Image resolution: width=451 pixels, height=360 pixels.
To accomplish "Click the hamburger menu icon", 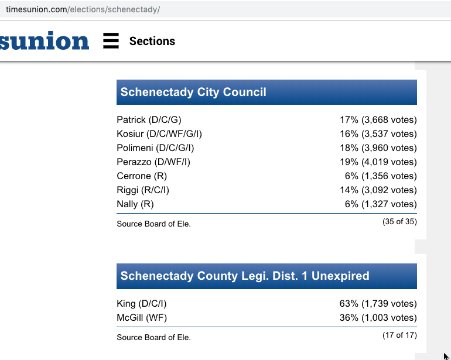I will click(x=111, y=41).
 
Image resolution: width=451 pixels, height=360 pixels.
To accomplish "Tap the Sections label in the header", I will click(x=152, y=41).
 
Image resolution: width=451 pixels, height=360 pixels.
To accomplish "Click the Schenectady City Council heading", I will click(x=193, y=92).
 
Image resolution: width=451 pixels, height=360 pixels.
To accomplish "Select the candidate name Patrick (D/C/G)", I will click(x=149, y=120).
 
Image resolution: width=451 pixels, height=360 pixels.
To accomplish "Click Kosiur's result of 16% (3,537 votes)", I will click(x=378, y=134).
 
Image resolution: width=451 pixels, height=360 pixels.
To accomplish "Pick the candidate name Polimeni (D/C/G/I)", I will click(x=155, y=148).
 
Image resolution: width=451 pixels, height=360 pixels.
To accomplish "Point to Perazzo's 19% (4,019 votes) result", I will click(x=378, y=162).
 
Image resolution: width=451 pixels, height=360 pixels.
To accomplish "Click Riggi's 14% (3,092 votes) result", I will click(x=378, y=190).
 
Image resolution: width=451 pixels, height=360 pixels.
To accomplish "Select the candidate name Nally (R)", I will click(x=135, y=204).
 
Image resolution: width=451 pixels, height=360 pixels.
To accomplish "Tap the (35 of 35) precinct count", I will click(x=399, y=222).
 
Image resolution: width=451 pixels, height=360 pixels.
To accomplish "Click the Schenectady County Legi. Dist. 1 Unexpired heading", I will click(x=245, y=276).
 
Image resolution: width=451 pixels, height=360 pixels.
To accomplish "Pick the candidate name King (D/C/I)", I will click(x=142, y=304).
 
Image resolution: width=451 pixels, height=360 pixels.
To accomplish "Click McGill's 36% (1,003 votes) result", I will click(x=378, y=318).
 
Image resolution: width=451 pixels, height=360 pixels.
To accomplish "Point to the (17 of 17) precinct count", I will click(x=399, y=335).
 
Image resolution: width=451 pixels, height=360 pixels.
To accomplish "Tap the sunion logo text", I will click(x=45, y=41).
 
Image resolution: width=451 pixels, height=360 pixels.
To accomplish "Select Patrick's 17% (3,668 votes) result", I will click(x=378, y=120).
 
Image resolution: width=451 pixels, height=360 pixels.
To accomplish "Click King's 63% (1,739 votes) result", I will click(x=378, y=304).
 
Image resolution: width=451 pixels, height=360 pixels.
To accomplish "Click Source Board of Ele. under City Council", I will click(x=153, y=224).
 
